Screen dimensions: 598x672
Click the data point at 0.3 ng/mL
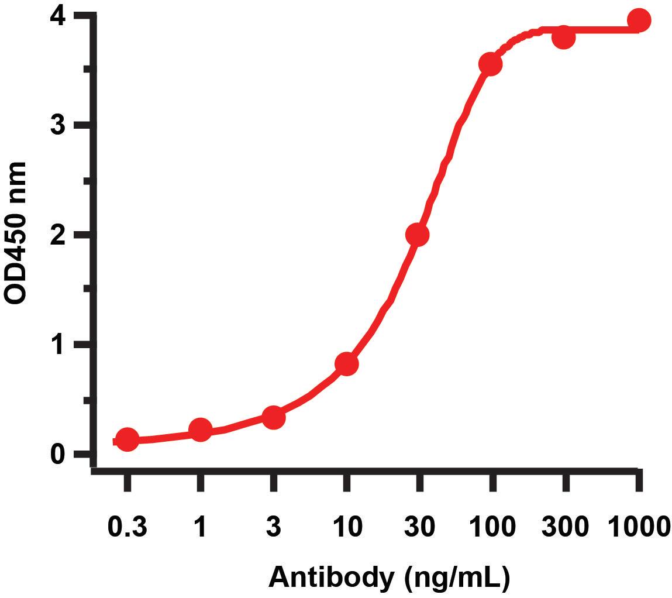pos(127,439)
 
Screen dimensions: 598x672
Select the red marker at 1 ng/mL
pos(200,431)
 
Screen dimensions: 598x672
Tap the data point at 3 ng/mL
pos(273,418)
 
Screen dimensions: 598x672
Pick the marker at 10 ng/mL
pos(346,364)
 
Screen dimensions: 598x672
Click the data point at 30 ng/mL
pos(417,235)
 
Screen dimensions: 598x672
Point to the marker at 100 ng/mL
pos(490,64)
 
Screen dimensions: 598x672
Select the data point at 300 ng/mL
pos(563,38)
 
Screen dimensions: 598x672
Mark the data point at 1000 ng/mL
pos(639,20)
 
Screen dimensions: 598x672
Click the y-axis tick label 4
pos(58,16)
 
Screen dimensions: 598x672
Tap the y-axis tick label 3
pos(58,125)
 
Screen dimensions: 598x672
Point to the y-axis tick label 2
pos(58,235)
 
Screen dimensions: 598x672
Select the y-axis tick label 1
pos(58,344)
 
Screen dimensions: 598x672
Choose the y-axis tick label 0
pos(58,454)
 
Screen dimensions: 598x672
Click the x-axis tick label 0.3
pos(127,527)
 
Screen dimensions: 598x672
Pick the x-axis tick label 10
pos(346,527)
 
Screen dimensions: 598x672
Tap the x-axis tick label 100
pos(492,527)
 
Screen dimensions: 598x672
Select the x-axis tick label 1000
pos(638,527)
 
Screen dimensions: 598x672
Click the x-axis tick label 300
pos(565,527)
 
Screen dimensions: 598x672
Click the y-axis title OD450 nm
pos(16,233)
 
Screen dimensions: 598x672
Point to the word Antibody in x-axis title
pos(331,578)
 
